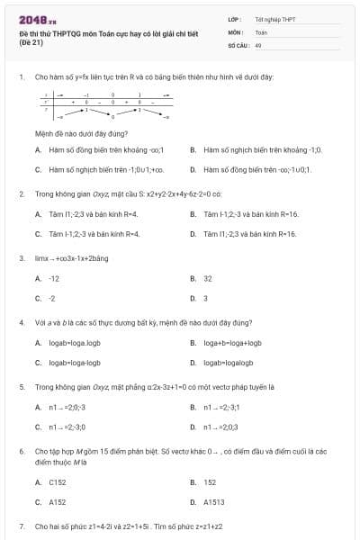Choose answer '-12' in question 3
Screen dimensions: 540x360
coord(54,278)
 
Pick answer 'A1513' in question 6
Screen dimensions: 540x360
coord(214,502)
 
